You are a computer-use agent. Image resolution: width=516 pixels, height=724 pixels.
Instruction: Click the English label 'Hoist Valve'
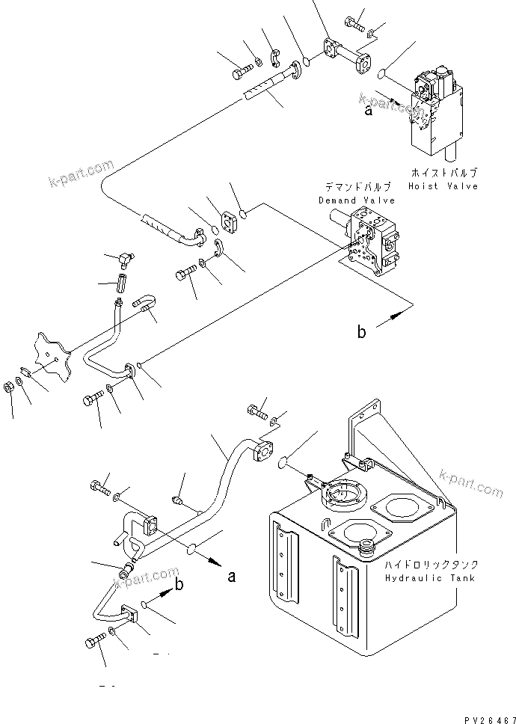click(443, 185)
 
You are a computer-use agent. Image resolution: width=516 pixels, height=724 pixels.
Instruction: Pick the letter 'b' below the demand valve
click(361, 332)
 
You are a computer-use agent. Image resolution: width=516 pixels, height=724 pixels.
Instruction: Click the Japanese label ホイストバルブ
click(443, 173)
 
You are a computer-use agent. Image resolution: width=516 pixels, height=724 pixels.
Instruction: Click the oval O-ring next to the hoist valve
click(382, 73)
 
